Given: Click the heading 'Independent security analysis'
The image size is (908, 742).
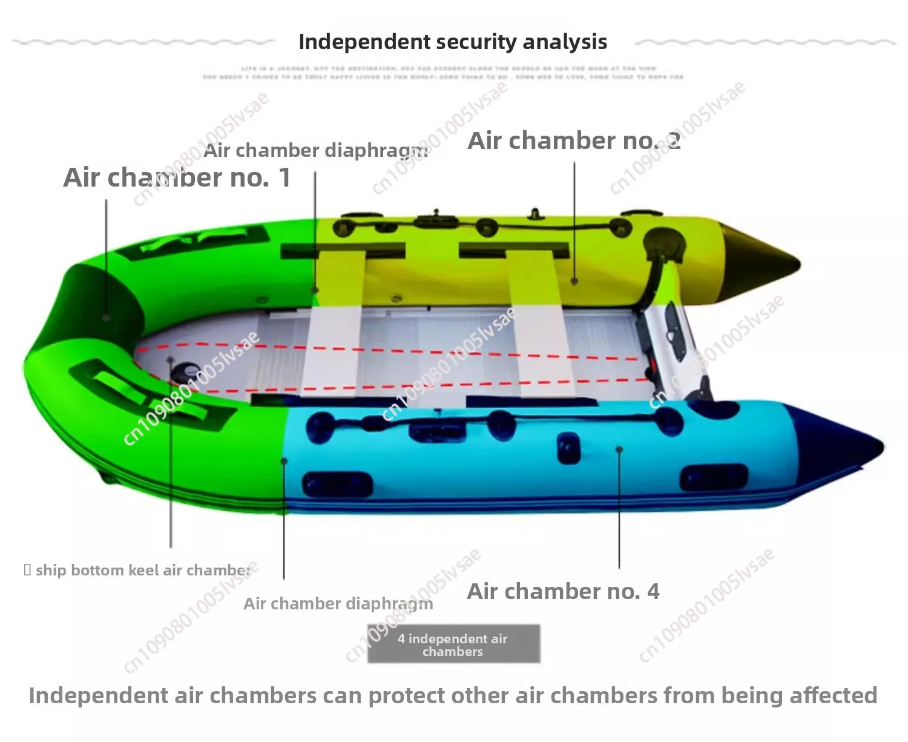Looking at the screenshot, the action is click(453, 42).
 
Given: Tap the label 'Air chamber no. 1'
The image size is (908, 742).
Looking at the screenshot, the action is click(177, 177).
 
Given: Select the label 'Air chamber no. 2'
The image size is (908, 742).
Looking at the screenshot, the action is click(574, 141).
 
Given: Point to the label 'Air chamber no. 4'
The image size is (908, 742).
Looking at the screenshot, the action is click(563, 591).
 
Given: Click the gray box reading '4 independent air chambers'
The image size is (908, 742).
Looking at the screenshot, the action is click(453, 644).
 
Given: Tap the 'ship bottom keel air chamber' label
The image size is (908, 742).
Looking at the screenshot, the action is click(139, 570).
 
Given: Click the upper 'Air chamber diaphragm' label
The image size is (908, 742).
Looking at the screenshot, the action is click(315, 150).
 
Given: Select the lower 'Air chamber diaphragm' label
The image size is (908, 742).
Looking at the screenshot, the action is click(338, 603).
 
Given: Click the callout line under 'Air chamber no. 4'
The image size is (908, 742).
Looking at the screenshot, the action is click(619, 509).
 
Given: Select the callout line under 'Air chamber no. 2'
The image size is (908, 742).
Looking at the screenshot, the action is click(574, 218).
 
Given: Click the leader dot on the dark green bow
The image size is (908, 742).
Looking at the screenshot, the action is click(107, 317).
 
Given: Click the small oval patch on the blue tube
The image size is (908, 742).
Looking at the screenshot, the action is click(568, 448).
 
